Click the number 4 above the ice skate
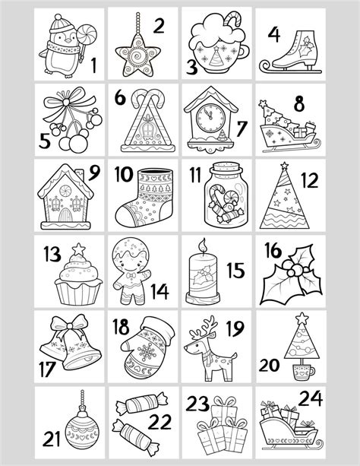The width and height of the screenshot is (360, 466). coord(274,34)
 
